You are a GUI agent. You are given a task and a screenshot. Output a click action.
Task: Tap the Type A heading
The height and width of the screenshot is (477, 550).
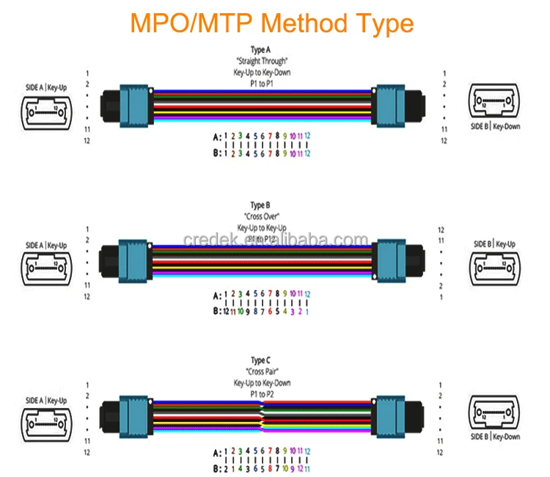tap(262, 50)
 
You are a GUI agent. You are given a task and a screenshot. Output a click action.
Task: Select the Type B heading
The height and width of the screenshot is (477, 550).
tap(262, 205)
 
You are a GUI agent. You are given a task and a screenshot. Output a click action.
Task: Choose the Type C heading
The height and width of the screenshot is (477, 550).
tap(261, 360)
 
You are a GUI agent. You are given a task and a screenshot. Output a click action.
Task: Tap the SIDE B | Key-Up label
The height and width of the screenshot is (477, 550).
tap(494, 244)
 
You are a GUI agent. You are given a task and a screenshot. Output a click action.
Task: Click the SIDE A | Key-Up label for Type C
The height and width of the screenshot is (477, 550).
tap(46, 401)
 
